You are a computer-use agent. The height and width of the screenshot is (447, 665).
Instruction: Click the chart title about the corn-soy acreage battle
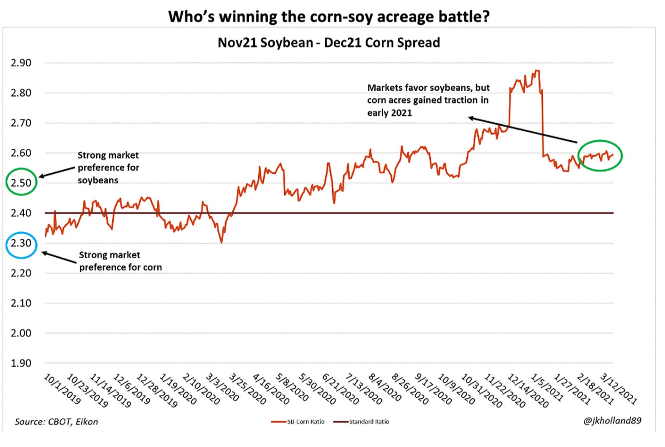(329, 16)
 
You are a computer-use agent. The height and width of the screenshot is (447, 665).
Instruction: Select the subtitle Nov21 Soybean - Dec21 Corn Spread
(329, 42)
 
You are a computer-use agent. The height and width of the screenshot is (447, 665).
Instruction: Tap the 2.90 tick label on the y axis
(21, 63)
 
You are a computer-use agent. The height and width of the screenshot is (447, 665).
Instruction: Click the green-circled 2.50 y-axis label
(21, 183)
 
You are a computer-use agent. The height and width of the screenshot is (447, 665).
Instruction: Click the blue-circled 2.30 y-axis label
(21, 243)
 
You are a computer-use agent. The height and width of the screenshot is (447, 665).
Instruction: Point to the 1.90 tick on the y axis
(21, 363)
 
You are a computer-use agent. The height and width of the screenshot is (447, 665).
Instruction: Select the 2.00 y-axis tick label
(21, 333)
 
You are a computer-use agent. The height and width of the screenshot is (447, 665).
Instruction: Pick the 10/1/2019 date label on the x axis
(62, 389)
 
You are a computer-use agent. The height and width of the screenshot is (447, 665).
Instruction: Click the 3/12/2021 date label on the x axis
(618, 389)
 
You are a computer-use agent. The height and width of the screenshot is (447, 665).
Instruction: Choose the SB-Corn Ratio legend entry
(298, 422)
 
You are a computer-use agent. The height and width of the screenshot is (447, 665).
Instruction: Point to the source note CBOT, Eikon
(56, 422)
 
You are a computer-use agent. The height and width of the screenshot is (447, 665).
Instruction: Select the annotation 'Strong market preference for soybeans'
(108, 168)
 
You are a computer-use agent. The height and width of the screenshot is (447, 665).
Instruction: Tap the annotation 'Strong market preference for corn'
(120, 261)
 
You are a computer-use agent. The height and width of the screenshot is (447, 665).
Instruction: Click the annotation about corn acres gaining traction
(428, 100)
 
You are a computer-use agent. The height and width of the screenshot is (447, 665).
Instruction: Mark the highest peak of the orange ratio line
(536, 71)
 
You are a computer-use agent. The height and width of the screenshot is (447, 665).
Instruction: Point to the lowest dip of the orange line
(222, 243)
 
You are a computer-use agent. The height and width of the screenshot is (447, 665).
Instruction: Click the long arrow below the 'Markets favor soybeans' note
(522, 130)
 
